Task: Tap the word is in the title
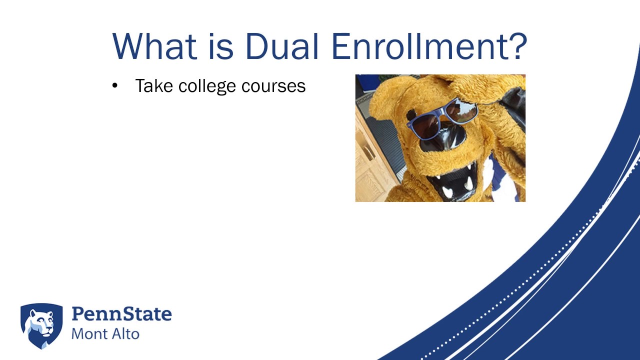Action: click(x=220, y=46)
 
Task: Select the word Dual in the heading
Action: click(x=282, y=46)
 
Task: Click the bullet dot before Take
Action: click(x=115, y=86)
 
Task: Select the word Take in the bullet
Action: click(x=154, y=86)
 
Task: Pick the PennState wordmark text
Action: click(x=121, y=314)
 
